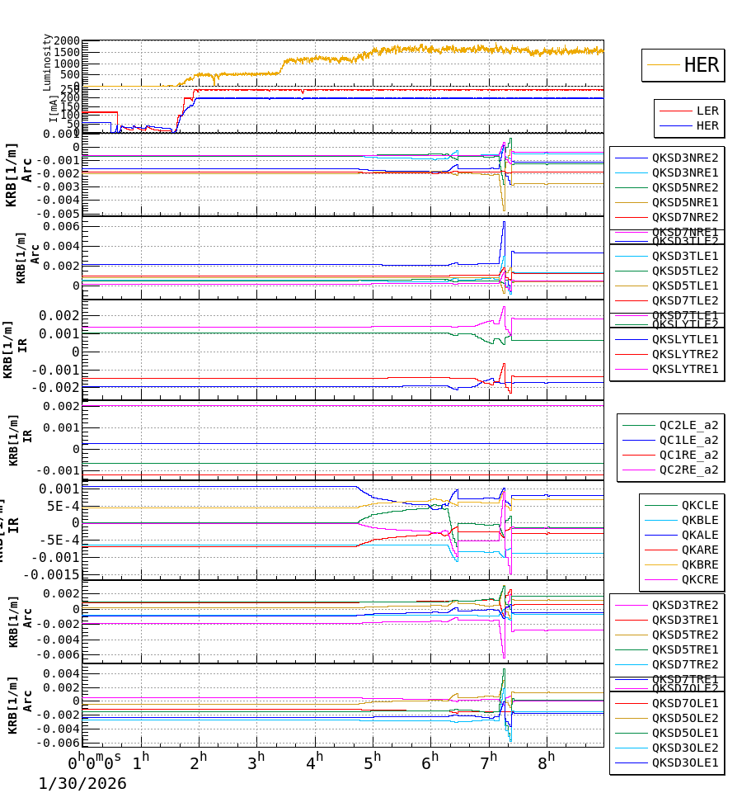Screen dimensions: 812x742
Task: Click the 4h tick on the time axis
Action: tap(314, 760)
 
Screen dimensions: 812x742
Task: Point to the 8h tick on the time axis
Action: tap(546, 760)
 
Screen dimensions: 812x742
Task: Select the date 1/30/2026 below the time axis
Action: tap(82, 784)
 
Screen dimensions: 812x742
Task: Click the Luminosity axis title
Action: tap(48, 62)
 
